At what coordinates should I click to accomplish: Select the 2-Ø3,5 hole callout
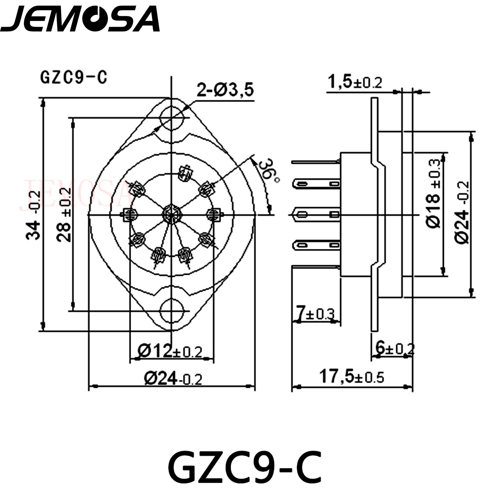225,90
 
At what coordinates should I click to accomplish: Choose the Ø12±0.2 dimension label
170,352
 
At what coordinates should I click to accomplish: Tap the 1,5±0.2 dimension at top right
355,82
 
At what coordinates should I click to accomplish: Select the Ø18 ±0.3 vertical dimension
434,194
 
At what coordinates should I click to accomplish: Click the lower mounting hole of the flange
171,311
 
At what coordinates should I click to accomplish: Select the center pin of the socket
171,214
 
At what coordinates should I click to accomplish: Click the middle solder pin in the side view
317,215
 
